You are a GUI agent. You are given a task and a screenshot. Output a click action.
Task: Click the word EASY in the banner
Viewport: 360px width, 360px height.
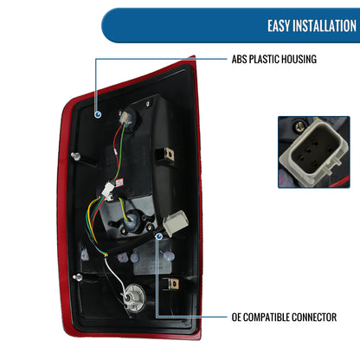(279, 26)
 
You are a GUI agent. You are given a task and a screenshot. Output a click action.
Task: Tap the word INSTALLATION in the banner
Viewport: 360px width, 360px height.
(325, 26)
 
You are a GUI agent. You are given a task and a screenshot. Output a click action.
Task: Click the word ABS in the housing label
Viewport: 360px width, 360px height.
(239, 59)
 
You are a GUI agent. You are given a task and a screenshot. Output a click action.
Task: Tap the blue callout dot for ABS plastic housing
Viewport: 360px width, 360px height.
(98, 114)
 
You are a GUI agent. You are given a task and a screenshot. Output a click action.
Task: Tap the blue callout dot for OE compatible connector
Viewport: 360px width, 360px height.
(158, 236)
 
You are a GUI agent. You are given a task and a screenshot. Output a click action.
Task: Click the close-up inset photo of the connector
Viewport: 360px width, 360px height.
(314, 152)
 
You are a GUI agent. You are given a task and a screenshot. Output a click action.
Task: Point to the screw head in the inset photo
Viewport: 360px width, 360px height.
(299, 125)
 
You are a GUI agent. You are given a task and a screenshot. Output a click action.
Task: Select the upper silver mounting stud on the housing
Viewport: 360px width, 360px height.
(75, 156)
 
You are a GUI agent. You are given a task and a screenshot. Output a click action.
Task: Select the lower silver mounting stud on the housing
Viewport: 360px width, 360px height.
(77, 278)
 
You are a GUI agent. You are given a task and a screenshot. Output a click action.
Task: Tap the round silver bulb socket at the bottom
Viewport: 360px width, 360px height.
(132, 298)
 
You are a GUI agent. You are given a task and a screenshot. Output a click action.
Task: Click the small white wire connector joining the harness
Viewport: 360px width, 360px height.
(109, 190)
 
